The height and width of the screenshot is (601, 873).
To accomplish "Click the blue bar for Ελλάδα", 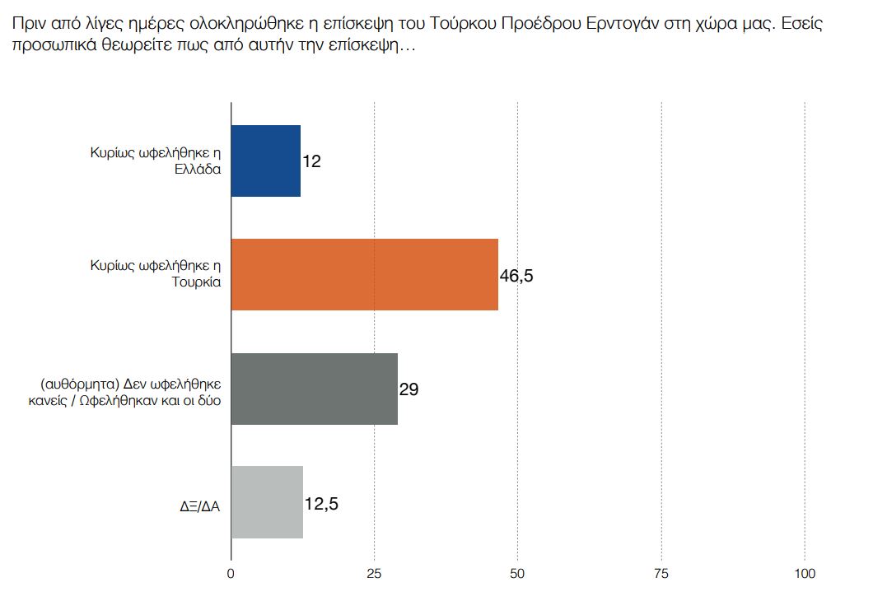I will coord(266,161).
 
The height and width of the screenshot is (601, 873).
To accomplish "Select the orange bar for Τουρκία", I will coord(365,274).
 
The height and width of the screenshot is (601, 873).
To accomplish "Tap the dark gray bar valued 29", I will coord(315,389).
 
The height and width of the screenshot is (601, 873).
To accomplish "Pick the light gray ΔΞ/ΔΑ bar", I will coord(268,502).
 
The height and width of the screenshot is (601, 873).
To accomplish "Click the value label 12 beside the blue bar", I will coord(311,161).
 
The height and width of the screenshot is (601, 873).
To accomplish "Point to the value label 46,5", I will coord(516,276).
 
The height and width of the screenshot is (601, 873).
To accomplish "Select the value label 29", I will coord(408,389).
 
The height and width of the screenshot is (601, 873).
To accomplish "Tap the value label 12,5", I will coord(321,503).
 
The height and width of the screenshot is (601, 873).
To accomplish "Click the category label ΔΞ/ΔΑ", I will coord(202,505).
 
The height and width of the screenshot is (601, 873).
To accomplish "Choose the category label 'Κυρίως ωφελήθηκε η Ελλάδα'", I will coord(156,161).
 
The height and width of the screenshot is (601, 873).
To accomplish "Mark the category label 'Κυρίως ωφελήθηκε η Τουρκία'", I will coord(156,274).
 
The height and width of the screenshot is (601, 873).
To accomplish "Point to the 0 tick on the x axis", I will coord(231,574).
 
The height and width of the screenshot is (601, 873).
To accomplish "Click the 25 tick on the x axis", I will coord(375,574).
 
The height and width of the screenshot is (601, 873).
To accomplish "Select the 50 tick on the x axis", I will coord(517,574).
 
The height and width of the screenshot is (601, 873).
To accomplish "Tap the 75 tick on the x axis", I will coord(661,574).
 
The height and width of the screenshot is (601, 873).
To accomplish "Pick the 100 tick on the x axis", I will coord(805,574).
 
